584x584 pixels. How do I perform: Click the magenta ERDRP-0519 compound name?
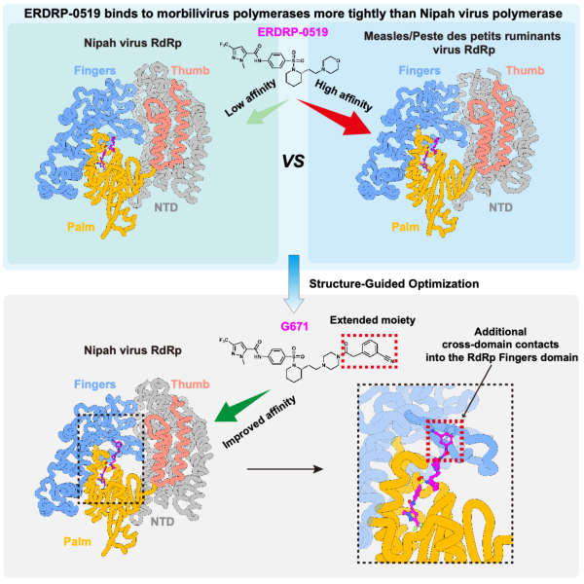[x=293, y=32]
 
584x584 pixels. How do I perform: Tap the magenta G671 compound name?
[x=294, y=327]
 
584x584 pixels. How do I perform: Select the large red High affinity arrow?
[x=335, y=118]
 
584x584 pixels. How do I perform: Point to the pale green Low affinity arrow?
[x=267, y=112]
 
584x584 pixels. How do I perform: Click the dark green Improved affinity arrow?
[x=242, y=406]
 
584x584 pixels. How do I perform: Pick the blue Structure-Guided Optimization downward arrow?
[x=294, y=284]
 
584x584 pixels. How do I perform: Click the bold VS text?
[x=293, y=162]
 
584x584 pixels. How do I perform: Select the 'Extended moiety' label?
[x=373, y=320]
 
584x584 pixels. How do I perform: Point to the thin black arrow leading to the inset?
[x=285, y=469]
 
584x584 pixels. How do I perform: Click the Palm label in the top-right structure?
[x=405, y=227]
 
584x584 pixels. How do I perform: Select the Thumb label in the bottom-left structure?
[x=191, y=384]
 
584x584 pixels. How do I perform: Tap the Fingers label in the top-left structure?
[x=95, y=70]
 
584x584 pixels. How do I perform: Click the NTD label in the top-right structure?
[x=500, y=207]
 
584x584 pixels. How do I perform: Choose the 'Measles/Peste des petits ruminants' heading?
[x=462, y=36]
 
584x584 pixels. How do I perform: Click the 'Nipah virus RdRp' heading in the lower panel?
[x=132, y=350]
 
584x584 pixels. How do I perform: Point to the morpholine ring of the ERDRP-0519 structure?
[x=330, y=65]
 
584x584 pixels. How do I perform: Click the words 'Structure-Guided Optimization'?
[x=394, y=284]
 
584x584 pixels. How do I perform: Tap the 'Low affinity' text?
[x=251, y=97]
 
